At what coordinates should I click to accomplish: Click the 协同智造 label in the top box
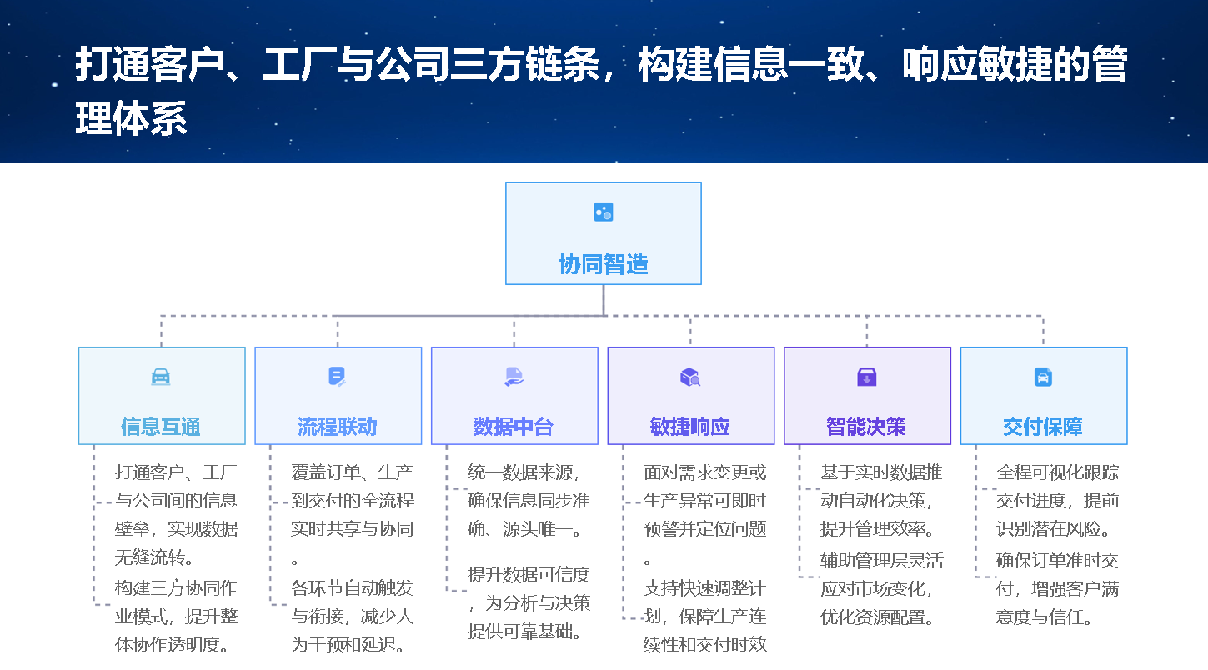pyautogui.click(x=603, y=264)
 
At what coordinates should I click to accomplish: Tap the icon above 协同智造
pyautogui.click(x=603, y=212)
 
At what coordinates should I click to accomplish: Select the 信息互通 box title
pyautogui.click(x=161, y=427)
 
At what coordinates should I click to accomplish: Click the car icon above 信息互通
pyautogui.click(x=161, y=377)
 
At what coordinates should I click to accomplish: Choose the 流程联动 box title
pyautogui.click(x=338, y=427)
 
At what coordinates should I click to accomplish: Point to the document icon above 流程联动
pyautogui.click(x=337, y=377)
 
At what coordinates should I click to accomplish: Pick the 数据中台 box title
pyautogui.click(x=514, y=427)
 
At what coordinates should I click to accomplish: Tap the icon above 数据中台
pyautogui.click(x=514, y=377)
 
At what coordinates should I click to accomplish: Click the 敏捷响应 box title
pyautogui.click(x=690, y=427)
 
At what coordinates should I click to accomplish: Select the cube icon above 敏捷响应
pyautogui.click(x=690, y=377)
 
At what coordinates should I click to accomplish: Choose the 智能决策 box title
pyautogui.click(x=866, y=427)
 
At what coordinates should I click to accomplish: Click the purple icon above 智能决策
pyautogui.click(x=867, y=377)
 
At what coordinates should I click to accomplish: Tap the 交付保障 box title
pyautogui.click(x=1043, y=427)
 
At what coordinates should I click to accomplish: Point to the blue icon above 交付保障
pyautogui.click(x=1043, y=377)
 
